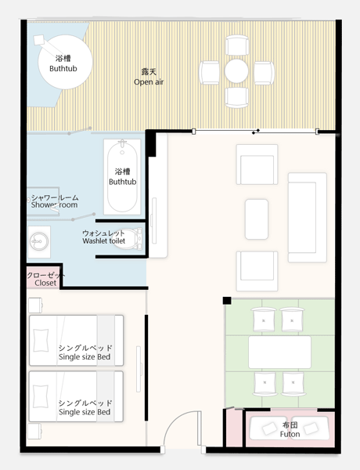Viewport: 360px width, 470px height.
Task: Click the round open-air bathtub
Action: click(x=65, y=62)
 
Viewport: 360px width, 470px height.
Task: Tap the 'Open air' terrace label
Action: click(x=149, y=81)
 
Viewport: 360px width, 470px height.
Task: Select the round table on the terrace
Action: click(x=236, y=71)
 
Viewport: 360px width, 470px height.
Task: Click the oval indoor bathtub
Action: click(x=122, y=177)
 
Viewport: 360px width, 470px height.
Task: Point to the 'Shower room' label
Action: click(x=54, y=204)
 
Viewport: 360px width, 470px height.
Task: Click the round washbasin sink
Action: click(x=39, y=241)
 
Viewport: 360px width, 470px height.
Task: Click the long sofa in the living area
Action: click(x=308, y=218)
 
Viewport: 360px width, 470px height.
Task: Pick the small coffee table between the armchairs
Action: click(x=257, y=219)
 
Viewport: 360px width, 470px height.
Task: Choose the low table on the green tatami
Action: click(x=279, y=352)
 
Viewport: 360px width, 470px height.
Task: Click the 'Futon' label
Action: click(x=290, y=434)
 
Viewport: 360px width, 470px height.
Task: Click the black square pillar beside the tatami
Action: click(x=227, y=301)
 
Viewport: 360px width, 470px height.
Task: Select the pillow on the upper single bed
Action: click(x=41, y=341)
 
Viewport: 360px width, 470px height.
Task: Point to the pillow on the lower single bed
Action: click(x=41, y=396)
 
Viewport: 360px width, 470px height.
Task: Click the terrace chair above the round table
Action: click(x=237, y=45)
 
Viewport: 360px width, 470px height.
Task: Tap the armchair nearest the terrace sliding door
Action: click(x=257, y=164)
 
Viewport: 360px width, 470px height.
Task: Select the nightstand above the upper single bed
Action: click(x=35, y=305)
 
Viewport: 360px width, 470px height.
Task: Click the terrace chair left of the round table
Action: click(x=209, y=73)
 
